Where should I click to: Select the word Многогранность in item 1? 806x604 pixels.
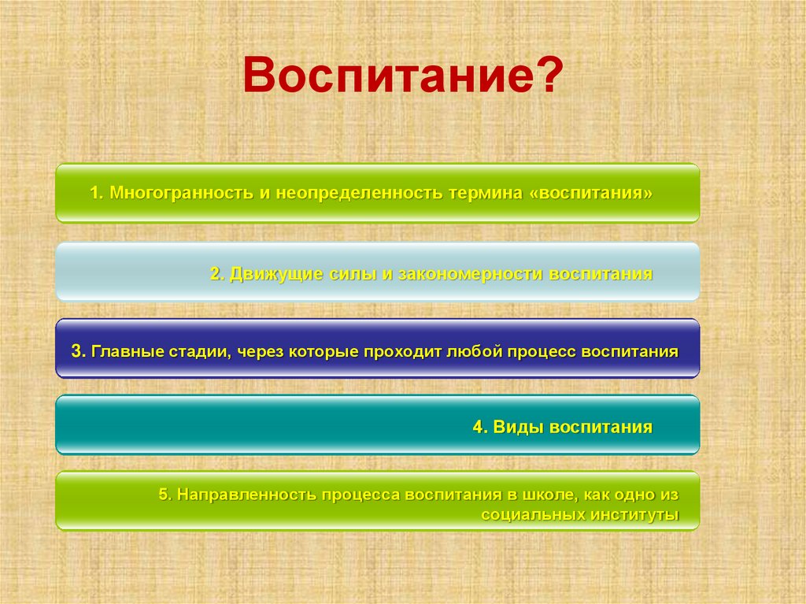click(182, 193)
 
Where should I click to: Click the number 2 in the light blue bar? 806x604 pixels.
click(214, 274)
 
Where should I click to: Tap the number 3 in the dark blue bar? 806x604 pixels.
click(75, 351)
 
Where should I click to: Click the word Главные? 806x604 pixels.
click(128, 351)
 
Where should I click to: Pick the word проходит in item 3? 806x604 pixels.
click(401, 351)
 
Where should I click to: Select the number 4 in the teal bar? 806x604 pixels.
click(478, 428)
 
